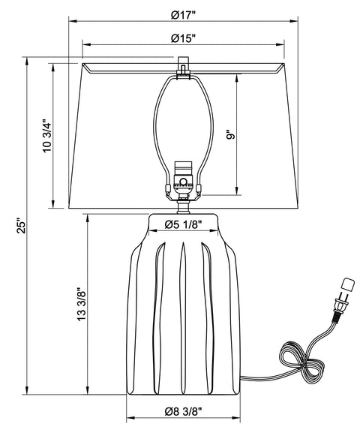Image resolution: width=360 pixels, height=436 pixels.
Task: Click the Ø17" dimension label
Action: coord(184,15)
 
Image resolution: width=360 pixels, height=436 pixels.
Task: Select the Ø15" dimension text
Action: coord(184,38)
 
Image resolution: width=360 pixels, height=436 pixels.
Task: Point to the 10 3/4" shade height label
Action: coord(47,136)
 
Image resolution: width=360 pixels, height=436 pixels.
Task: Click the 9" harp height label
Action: coord(230,134)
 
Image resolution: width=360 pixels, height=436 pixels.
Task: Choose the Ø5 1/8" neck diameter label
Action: coord(183,224)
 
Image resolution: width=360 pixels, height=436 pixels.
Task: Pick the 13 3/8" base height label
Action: coord(82,304)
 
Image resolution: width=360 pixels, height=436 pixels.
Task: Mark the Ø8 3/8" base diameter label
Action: coord(183,411)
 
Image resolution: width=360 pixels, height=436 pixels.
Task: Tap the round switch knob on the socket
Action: coord(183,182)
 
